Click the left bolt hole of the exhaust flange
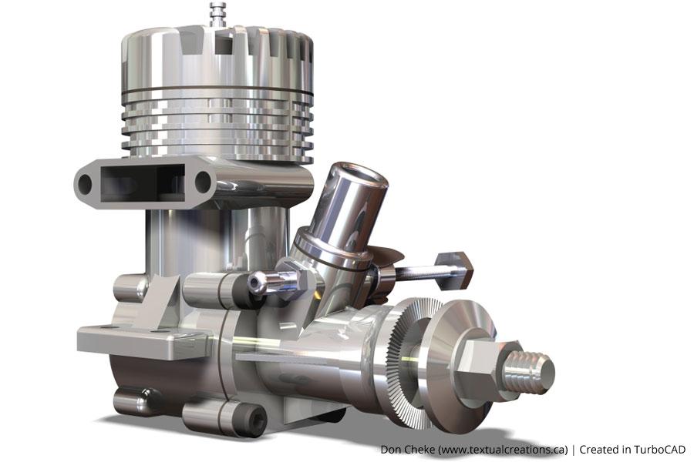[x=85, y=183]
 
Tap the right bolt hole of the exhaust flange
[x=203, y=182]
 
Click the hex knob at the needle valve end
[x=455, y=266]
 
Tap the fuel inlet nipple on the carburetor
[x=266, y=283]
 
